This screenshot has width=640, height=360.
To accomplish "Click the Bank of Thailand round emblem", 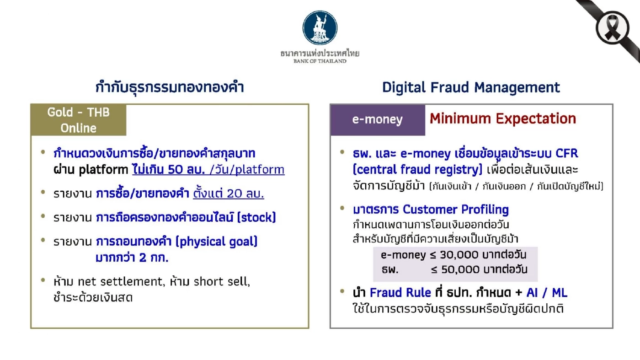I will click(x=320, y=27).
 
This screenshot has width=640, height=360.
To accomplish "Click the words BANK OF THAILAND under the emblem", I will click(x=320, y=61).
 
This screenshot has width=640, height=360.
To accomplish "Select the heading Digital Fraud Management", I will click(x=471, y=87).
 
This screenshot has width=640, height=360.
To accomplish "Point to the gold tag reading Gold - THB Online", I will click(x=78, y=120).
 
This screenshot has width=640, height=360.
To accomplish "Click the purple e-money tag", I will click(x=377, y=120).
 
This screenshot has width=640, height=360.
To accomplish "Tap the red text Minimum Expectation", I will click(x=502, y=119).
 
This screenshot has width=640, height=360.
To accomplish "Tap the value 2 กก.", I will click(x=154, y=258).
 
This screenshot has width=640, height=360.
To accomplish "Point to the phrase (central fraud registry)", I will click(x=417, y=170).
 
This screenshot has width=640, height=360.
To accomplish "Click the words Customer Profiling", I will click(x=455, y=210).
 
